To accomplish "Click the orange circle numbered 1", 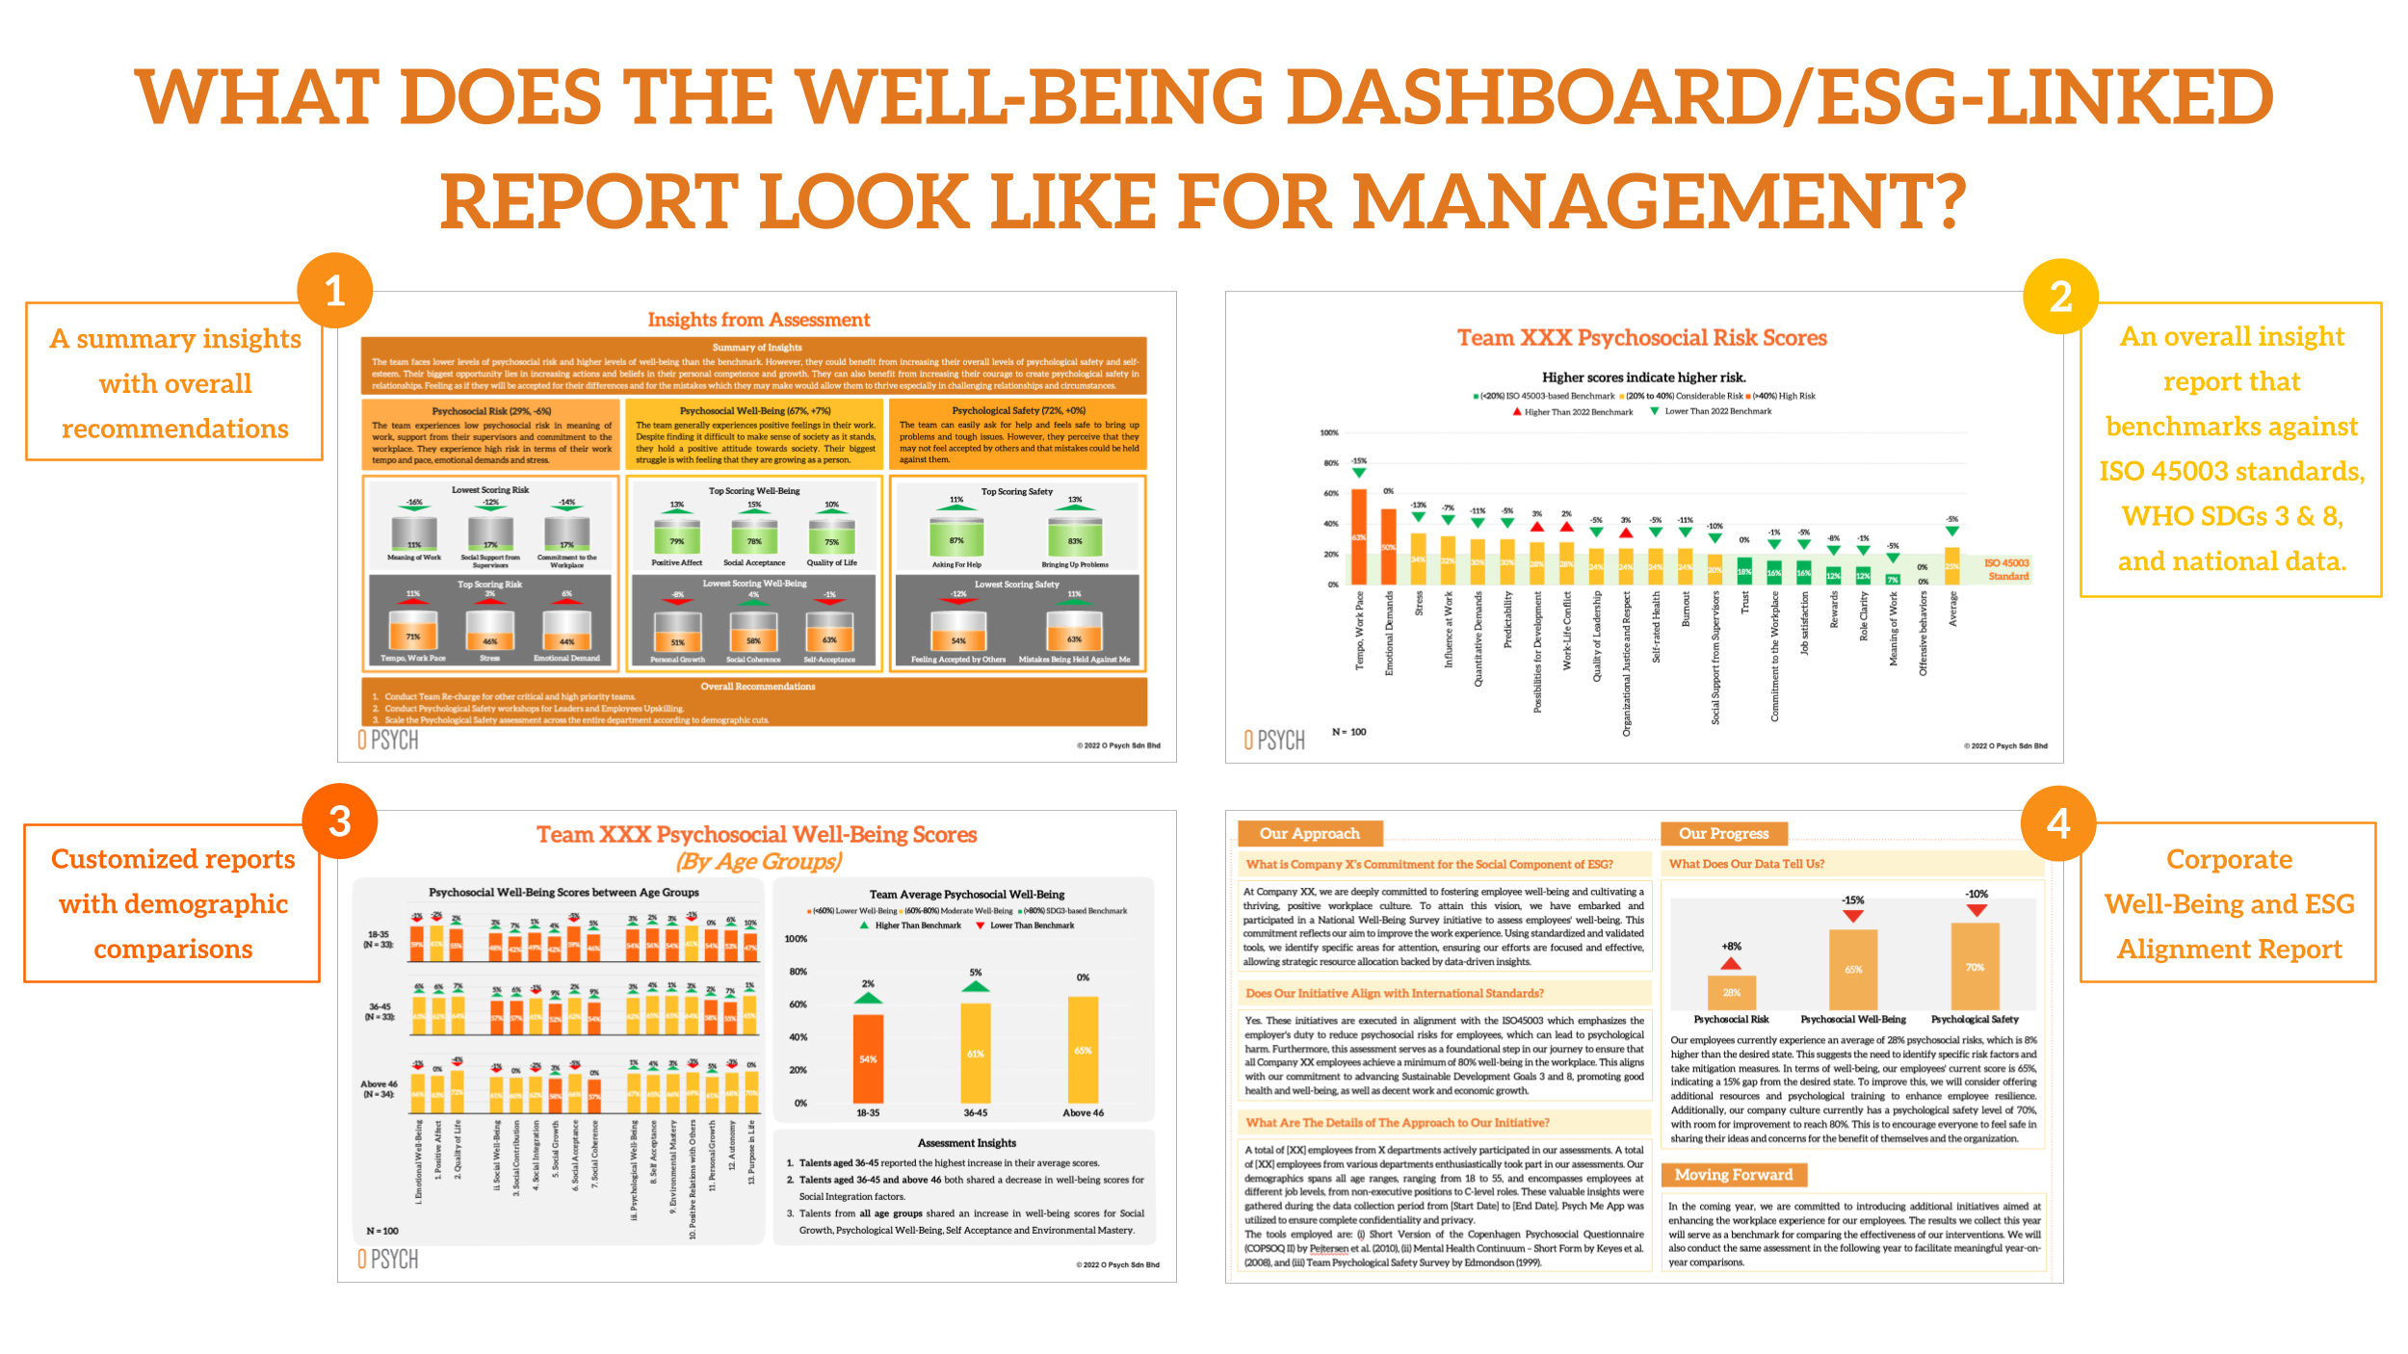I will coord(334,291).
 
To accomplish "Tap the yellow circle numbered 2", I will coord(2060,297).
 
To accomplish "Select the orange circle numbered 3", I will coord(339,821).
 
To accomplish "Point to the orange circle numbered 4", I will coord(2057,823).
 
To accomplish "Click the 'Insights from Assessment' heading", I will coord(758,320).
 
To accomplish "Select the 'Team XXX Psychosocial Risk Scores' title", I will coord(1641,338).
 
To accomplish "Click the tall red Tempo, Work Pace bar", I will coord(1358,536).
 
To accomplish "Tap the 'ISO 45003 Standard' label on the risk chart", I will coord(2007,569).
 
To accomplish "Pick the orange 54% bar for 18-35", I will coord(868,1058).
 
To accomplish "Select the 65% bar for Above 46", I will coord(1083,1050).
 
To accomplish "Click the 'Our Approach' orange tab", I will coord(1309,833).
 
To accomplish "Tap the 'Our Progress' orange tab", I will coord(1723,833).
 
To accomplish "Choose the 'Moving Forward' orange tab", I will coord(1733,1175).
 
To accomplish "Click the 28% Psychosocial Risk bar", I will coord(1731,992).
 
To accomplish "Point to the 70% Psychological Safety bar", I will coord(1975,966).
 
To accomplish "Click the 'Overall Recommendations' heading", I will coord(757,687).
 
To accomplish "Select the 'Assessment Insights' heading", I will coord(966,1143).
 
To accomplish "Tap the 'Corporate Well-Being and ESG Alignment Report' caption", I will coord(2229,903).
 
